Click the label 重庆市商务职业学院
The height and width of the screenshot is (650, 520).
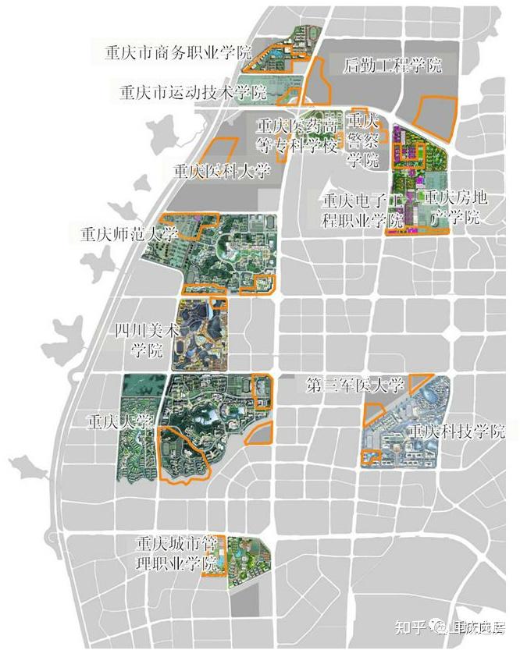pos(179,53)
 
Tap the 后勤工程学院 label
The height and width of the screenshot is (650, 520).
pos(393,66)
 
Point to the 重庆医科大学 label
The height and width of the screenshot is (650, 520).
pos(221,171)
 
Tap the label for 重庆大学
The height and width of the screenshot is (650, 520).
pos(119,422)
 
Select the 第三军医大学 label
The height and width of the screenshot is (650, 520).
pos(355,385)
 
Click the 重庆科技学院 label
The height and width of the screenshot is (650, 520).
pos(457,431)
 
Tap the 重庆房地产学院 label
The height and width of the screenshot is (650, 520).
pos(452,207)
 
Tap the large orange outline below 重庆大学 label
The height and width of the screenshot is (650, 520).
pos(186,456)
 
